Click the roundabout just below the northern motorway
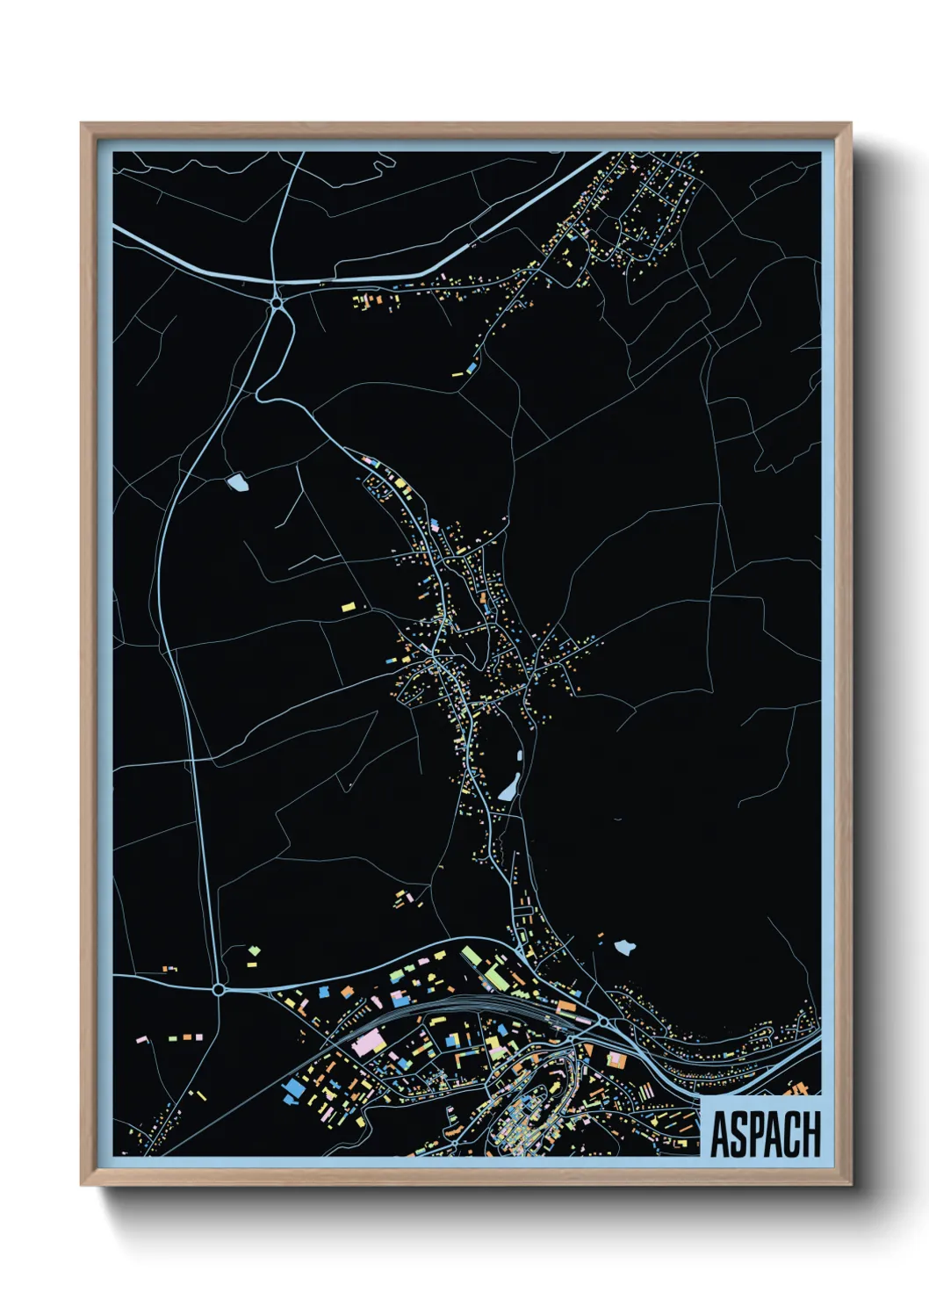tap(277, 303)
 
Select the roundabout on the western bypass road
tap(218, 989)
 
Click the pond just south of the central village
tap(508, 788)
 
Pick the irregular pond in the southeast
tap(623, 947)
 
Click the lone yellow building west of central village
tap(349, 606)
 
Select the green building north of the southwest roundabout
tap(255, 950)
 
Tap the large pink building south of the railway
tap(369, 1043)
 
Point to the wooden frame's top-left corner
tap(82, 125)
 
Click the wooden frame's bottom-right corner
tap(850, 1185)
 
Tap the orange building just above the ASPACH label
tap(798, 1089)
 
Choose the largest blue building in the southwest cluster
tap(292, 1088)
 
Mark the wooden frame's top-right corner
tap(850, 125)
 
